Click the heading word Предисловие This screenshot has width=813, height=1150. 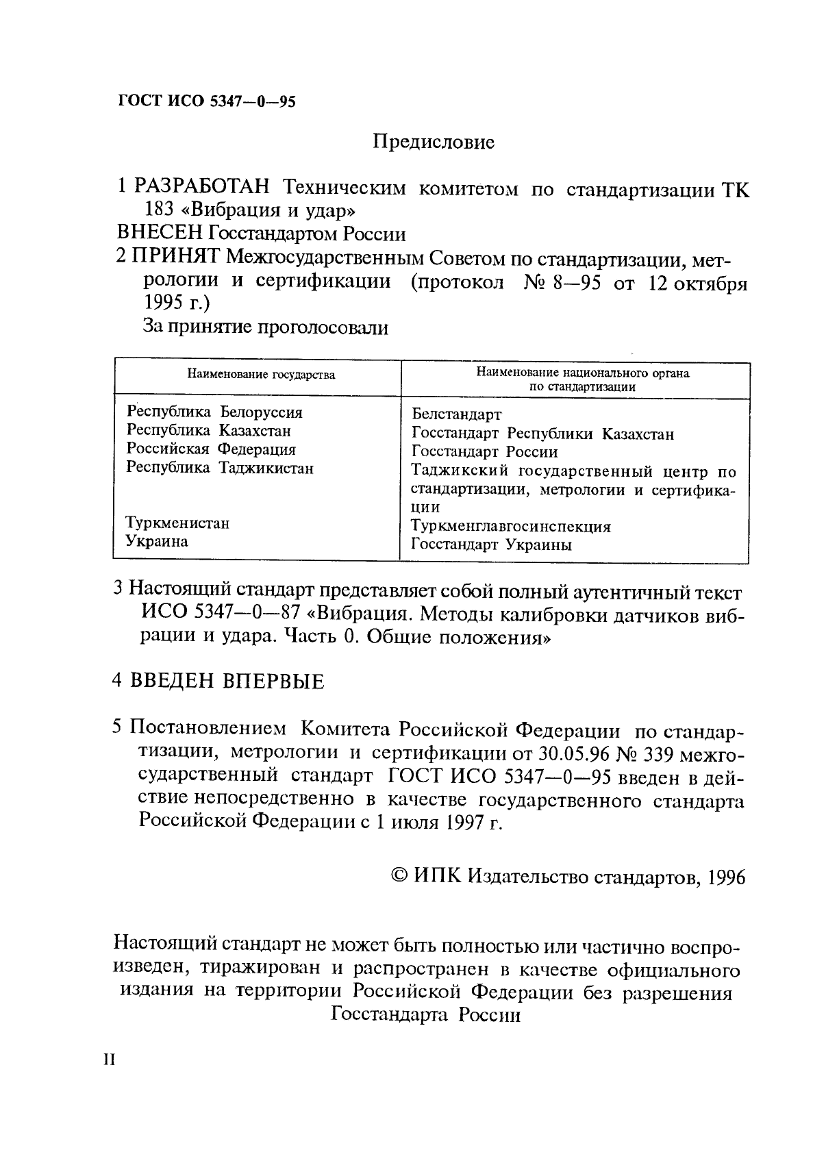coord(434,142)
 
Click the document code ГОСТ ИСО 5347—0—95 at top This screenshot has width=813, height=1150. coord(207,102)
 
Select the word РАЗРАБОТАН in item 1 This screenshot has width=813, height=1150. coord(204,187)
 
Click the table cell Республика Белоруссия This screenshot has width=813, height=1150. coord(214,412)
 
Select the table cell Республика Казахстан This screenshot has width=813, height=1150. coord(209,431)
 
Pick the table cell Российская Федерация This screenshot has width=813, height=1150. coord(211,449)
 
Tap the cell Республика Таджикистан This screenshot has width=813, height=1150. coord(220,468)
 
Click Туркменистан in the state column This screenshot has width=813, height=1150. coord(177,523)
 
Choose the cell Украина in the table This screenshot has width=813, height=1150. coord(157,542)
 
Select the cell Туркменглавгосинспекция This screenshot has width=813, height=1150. coord(510,527)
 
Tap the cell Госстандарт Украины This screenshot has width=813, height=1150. coord(491,545)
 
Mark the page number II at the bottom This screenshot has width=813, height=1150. coord(110,1060)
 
